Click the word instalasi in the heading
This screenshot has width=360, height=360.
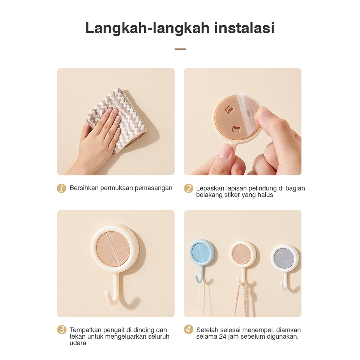pyautogui.click(x=244, y=28)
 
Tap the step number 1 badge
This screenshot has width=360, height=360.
pyautogui.click(x=61, y=188)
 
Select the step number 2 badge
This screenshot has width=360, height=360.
pyautogui.click(x=189, y=188)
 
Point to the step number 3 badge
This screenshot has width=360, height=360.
pyautogui.click(x=61, y=330)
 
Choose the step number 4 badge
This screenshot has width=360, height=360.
pyautogui.click(x=189, y=330)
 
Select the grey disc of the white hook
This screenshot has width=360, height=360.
pyautogui.click(x=284, y=258)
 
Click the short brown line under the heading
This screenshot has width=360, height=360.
pyautogui.click(x=180, y=49)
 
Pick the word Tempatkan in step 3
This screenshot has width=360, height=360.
pyautogui.click(x=85, y=330)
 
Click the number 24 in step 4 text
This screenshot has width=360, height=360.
pyautogui.click(x=223, y=337)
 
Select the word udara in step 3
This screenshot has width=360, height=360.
pyautogui.click(x=78, y=343)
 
